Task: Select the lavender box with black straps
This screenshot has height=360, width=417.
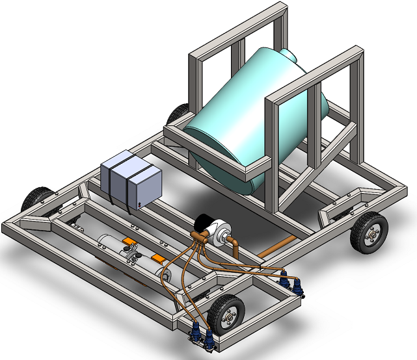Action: click(x=132, y=180)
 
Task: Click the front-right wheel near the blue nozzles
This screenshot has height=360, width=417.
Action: click(x=225, y=314)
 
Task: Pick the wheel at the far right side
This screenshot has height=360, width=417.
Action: click(x=369, y=232)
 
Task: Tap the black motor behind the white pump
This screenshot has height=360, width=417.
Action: click(x=204, y=222)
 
